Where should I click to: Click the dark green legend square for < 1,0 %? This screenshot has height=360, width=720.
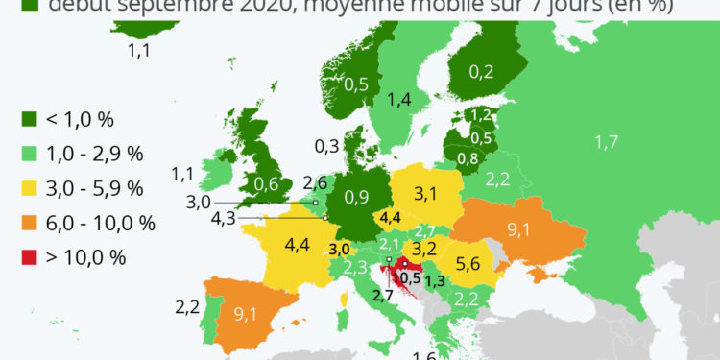pos(30,119)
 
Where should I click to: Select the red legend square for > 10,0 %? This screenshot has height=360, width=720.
pos(30,256)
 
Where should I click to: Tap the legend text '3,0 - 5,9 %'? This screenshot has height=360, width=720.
pos(95,188)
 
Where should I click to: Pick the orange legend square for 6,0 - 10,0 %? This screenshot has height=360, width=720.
pos(30,223)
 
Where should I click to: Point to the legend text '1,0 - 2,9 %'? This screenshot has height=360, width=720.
pos(95,154)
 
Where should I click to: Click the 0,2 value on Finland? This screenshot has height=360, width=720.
pos(482,70)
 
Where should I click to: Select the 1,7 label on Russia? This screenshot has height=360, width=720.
pos(606,143)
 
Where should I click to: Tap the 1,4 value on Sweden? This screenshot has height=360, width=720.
pos(398,99)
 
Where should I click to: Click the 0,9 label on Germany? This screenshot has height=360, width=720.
pos(356,198)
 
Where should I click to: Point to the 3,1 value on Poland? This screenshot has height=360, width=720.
pos(425,195)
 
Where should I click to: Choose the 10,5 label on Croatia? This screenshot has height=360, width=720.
pos(406,277)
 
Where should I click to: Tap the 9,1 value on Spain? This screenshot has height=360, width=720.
pos(251,312)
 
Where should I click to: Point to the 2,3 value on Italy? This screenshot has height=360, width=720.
pos(355,267)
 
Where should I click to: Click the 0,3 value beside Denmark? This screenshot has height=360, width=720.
pos(326,146)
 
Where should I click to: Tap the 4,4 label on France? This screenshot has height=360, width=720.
pos(296,245)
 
